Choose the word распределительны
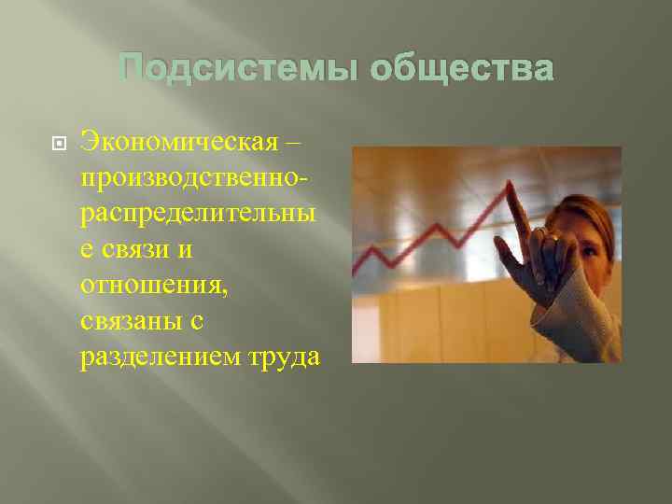click(198, 215)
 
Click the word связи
click(142, 250)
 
